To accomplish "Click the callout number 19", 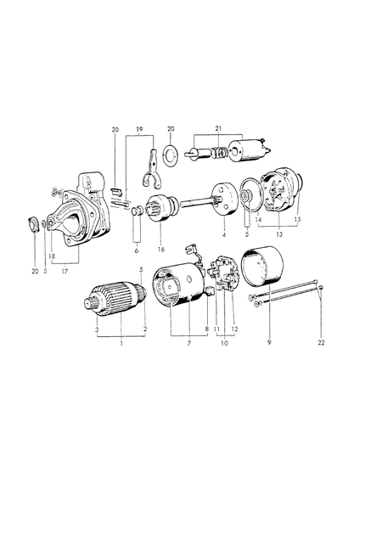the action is coord(139,130).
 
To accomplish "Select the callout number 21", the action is coord(217,128).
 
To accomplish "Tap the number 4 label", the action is coord(224,235).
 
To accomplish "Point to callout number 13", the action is coord(279,234).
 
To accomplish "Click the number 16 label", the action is coord(161,250).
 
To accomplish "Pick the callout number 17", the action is coord(65,272).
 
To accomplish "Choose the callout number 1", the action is coord(121,343).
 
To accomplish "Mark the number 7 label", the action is coord(188,343).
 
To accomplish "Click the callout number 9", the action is coord(269,342).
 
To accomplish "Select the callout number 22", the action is coord(321,343).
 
